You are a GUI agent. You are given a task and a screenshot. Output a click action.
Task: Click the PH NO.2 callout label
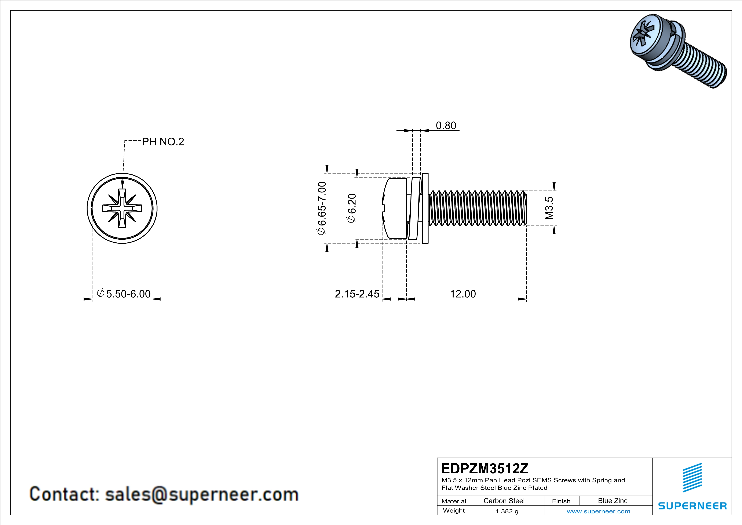[x=163, y=142]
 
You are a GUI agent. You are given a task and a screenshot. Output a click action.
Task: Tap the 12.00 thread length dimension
[x=463, y=294]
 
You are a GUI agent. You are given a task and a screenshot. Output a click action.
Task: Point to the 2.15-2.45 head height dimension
[x=357, y=294]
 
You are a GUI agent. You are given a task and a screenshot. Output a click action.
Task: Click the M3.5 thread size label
[x=549, y=208]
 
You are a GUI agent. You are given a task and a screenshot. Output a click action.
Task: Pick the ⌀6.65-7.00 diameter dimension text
[x=322, y=208]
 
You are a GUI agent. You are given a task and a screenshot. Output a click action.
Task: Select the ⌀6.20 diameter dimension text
[x=352, y=208]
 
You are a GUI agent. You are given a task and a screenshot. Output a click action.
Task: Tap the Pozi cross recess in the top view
[x=122, y=208]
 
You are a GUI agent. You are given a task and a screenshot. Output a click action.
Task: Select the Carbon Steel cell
[x=504, y=501]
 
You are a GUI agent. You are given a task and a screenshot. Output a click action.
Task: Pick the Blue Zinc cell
[x=612, y=501]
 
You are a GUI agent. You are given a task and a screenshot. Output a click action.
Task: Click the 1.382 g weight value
[x=507, y=511]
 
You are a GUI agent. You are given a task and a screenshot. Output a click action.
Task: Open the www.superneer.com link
[x=598, y=511]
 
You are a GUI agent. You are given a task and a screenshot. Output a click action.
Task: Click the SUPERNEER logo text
[x=692, y=506]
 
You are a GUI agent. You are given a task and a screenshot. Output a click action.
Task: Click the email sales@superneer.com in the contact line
[x=202, y=494]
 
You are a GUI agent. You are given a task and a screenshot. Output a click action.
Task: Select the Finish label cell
[x=561, y=501]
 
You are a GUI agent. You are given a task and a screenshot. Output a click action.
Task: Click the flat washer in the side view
[x=425, y=208]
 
